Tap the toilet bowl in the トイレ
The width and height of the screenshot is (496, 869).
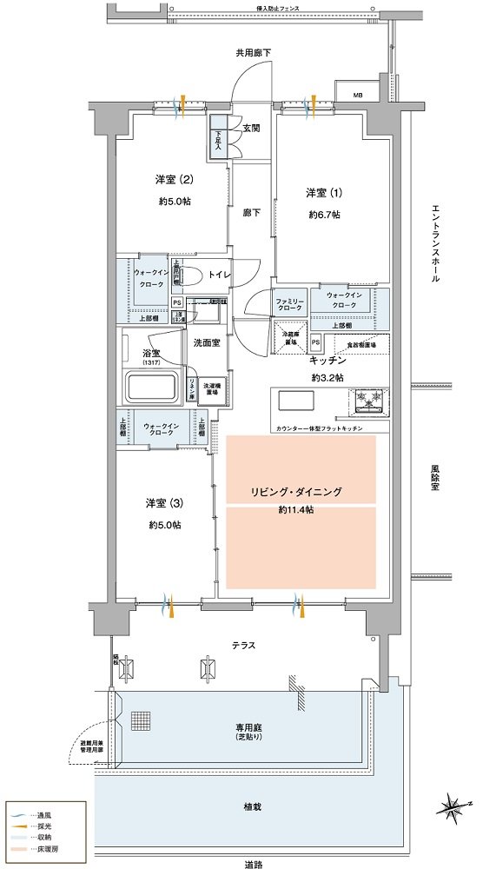(x=193, y=275)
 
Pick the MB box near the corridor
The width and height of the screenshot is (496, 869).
(x=358, y=94)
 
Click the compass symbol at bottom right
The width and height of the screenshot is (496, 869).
(x=456, y=808)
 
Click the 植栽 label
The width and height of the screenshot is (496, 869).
(x=252, y=807)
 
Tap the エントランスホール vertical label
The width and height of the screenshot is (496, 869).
(x=435, y=244)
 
